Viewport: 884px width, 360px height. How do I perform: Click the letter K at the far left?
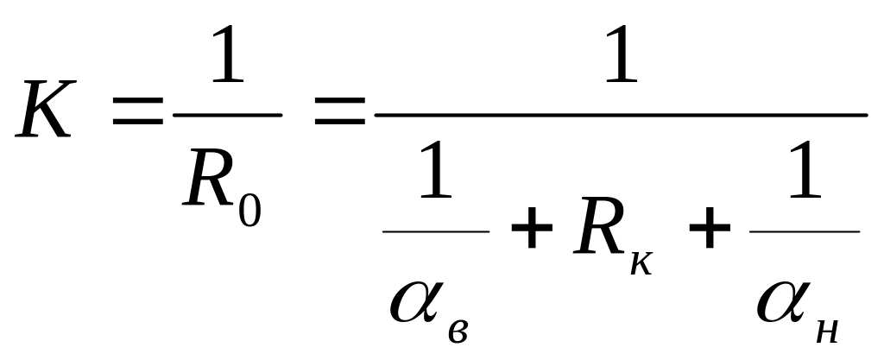43,113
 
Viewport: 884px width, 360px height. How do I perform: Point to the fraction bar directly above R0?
227,114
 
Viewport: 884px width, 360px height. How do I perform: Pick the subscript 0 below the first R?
249,211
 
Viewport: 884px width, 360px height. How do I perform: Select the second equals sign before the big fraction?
339,114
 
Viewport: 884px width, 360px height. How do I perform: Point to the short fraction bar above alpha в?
436,231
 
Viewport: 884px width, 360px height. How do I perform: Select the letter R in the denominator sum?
597,233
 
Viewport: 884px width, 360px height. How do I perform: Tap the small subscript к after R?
641,262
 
